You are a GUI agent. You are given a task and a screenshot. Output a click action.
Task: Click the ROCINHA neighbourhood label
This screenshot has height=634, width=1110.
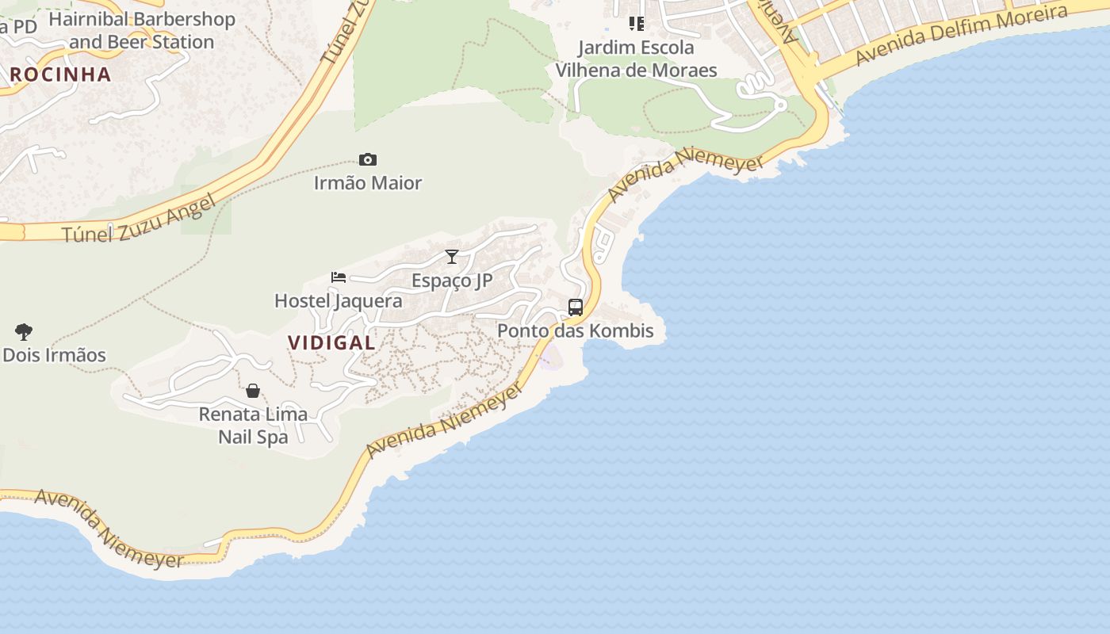[x=60, y=74]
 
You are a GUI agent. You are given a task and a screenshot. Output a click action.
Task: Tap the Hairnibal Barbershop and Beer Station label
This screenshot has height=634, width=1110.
[x=142, y=30]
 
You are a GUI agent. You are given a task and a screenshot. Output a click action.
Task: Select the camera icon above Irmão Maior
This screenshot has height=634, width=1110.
[x=367, y=160]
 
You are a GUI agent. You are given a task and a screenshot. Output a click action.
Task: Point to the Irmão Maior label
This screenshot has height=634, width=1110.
[x=368, y=183]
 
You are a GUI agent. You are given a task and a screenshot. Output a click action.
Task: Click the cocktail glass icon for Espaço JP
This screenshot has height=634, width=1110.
[x=452, y=257]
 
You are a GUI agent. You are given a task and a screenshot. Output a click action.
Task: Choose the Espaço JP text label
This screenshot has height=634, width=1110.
[x=452, y=281]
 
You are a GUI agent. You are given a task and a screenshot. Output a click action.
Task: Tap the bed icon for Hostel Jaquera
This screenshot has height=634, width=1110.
[x=339, y=277]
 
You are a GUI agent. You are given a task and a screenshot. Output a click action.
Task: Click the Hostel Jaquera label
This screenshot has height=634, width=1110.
[x=339, y=301]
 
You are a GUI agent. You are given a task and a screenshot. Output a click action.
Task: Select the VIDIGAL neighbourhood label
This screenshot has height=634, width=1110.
[x=331, y=343]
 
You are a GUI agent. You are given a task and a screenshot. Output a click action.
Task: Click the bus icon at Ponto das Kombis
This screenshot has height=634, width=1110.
[x=576, y=307]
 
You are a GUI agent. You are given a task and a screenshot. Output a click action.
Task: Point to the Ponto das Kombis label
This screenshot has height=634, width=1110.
[x=576, y=330]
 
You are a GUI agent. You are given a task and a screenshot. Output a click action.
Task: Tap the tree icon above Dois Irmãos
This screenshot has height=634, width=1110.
[x=24, y=331]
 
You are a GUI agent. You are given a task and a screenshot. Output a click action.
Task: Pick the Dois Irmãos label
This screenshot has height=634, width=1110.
[x=54, y=355]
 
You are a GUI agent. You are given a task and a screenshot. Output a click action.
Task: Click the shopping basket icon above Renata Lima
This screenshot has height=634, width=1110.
[x=253, y=391]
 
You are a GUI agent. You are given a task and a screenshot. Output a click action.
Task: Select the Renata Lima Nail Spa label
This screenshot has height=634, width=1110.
[x=253, y=425]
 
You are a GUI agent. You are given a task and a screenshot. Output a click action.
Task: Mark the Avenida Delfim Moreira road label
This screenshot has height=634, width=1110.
[x=961, y=36]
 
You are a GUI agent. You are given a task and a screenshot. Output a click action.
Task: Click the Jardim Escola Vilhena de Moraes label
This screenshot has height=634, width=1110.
[x=636, y=59]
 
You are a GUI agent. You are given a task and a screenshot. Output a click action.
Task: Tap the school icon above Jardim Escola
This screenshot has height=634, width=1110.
[x=636, y=24]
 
